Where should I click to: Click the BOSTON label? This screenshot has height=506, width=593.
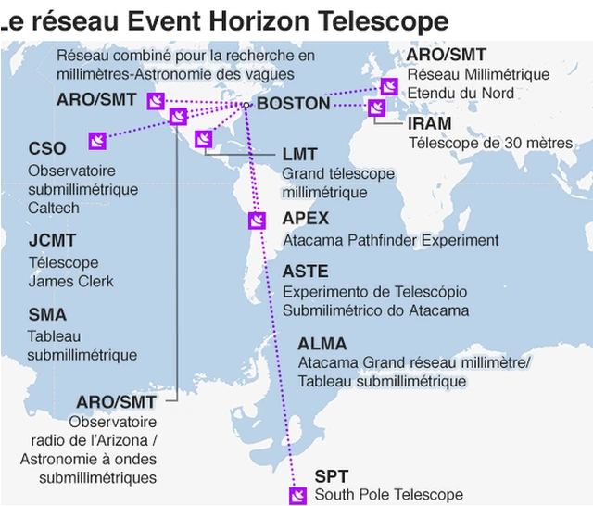(293, 103)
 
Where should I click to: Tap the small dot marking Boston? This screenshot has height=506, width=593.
(247, 105)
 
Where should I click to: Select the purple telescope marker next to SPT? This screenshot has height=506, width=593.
(297, 495)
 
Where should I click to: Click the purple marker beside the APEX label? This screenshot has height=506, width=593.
(257, 221)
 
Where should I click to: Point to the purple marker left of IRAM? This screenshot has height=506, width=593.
(376, 108)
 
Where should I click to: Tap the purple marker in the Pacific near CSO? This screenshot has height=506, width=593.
(96, 140)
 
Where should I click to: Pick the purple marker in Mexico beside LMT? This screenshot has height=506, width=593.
(204, 139)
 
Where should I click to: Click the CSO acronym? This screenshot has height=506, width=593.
(47, 149)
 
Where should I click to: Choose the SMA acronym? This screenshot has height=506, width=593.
(47, 315)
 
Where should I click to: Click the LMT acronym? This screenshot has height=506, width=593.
(299, 154)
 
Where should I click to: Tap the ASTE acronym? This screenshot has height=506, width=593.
(305, 272)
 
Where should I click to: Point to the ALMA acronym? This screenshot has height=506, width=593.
(322, 344)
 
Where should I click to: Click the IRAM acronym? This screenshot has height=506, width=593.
(430, 123)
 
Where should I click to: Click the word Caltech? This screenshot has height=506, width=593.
(54, 208)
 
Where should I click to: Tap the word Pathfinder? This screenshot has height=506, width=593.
(382, 240)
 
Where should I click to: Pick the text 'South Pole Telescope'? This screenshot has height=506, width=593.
(388, 495)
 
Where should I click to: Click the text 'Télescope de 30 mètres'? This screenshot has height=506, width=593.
(491, 143)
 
